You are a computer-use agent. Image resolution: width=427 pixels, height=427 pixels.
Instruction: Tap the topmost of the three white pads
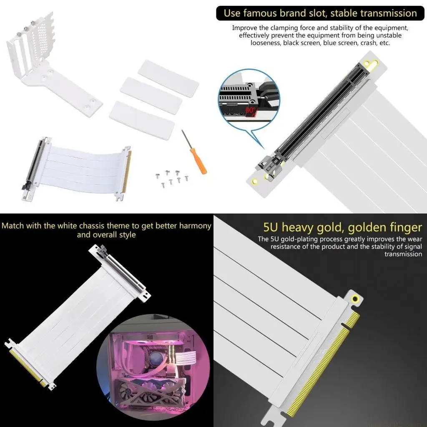168,78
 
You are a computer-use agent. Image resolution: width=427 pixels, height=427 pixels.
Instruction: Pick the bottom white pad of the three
141,121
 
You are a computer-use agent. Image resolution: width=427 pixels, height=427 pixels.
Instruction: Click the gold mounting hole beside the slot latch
255,181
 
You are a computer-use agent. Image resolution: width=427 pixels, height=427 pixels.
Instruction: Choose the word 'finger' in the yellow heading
403,228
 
